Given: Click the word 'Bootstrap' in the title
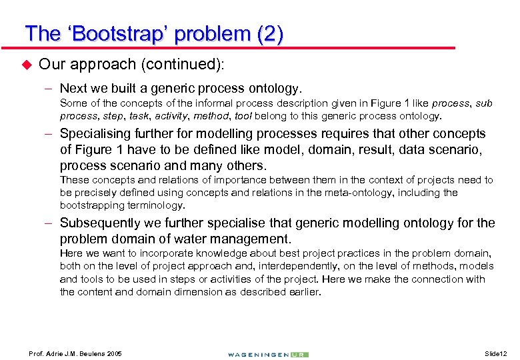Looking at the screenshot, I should click(123, 33).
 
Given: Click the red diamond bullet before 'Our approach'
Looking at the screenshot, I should click(27, 65).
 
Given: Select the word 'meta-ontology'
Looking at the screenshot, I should click(385, 193).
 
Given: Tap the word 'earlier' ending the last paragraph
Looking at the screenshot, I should click(304, 292).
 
